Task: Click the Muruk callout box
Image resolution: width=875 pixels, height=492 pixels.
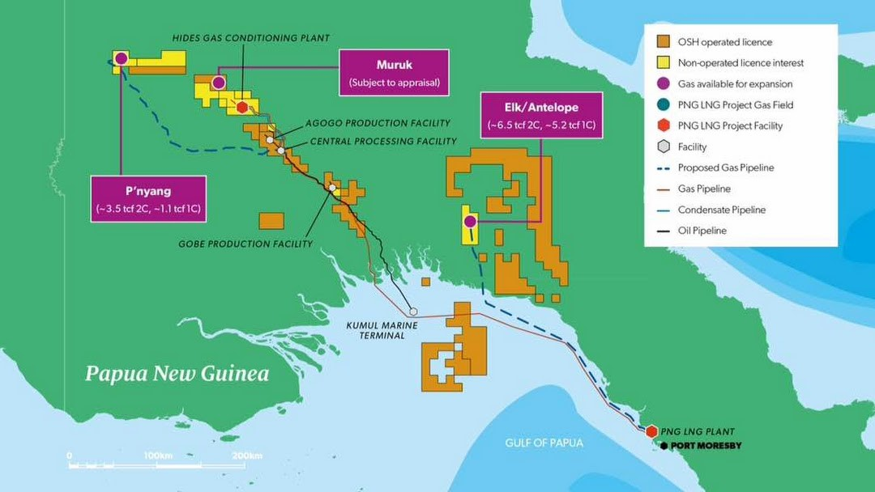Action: coord(394,73)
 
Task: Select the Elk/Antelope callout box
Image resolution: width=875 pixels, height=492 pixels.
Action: coord(541,115)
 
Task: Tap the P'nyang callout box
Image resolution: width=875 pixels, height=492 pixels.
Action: coord(147,199)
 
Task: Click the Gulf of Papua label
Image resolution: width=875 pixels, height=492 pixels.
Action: coord(544,443)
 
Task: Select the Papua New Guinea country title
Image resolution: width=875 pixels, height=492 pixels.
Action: coord(177,374)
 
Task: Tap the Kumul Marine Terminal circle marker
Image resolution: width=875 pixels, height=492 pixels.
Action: coord(413,311)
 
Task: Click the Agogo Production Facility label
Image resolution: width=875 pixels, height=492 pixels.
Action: coord(377,123)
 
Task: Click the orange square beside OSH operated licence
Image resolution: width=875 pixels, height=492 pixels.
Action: coord(663,42)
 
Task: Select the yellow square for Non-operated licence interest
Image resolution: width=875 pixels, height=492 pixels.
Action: coord(663,63)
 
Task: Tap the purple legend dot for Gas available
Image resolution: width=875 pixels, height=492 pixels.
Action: coord(663,84)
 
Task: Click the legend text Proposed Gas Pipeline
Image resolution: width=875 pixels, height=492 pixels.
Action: coord(726,168)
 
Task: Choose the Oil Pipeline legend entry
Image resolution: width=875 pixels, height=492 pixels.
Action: coord(702,231)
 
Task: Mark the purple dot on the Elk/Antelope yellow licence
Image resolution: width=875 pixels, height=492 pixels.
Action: coord(469,220)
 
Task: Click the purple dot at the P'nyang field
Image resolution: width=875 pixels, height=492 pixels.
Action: coord(121,57)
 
